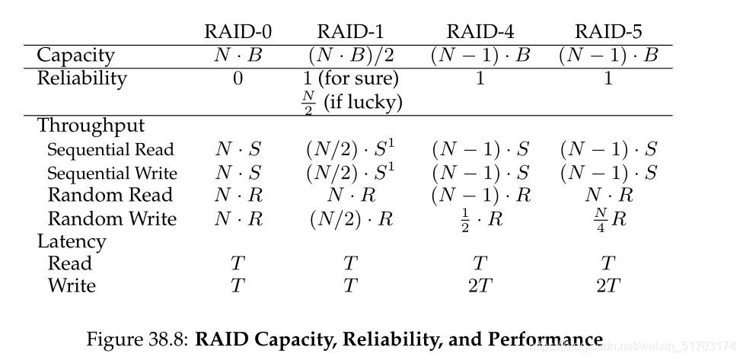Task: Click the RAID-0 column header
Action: (x=238, y=32)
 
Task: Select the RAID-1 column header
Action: (x=351, y=32)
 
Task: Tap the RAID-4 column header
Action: (x=480, y=32)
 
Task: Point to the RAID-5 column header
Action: (x=608, y=32)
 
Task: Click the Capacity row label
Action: (x=75, y=56)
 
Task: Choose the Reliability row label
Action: (x=81, y=78)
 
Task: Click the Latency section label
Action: (x=72, y=242)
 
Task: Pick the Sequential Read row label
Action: (x=110, y=149)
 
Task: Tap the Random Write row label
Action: (x=112, y=219)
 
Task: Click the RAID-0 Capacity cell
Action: (x=238, y=56)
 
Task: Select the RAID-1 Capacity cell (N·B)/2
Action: (x=351, y=56)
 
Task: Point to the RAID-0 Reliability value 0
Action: (x=238, y=78)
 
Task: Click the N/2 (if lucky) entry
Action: (x=351, y=102)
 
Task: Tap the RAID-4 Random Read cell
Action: (x=480, y=196)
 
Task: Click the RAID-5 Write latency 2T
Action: (x=608, y=286)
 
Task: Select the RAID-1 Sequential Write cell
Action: (x=351, y=172)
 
